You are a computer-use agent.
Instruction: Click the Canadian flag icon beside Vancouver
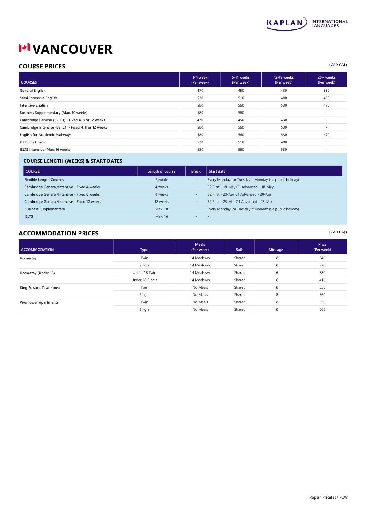point(24,48)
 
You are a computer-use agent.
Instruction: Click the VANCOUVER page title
point(72,49)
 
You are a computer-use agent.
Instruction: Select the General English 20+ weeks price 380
point(326,91)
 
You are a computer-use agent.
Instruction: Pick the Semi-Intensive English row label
point(38,98)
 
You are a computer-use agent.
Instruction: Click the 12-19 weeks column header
point(284,80)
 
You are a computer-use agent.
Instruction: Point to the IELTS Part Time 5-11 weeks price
point(241,142)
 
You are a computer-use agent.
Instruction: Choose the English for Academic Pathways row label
point(45,135)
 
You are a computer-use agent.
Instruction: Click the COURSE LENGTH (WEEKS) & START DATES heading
point(73,161)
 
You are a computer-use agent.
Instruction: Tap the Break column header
point(196,171)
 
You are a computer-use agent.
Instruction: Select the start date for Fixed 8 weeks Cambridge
point(239,194)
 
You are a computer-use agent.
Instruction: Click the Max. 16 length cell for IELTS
point(162,216)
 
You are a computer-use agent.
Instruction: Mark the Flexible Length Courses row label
point(44,180)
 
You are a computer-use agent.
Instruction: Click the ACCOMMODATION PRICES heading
point(59,233)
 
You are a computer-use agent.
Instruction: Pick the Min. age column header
point(276,250)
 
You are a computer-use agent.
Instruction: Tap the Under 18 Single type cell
point(144,280)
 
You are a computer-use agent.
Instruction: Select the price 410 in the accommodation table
point(322,280)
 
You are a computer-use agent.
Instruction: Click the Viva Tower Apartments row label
point(39,302)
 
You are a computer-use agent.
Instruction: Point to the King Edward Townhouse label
point(40,288)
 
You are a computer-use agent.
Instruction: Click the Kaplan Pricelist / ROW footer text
point(328,497)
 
